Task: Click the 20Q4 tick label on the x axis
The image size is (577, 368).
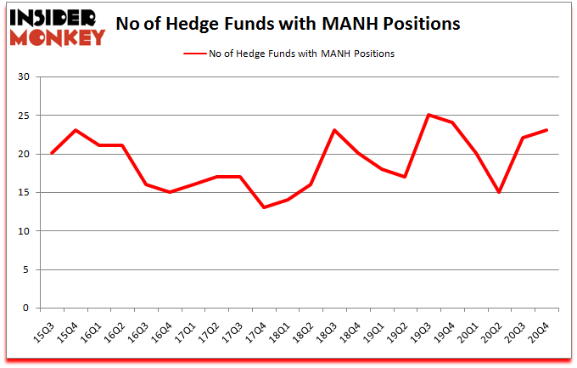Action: click(545, 326)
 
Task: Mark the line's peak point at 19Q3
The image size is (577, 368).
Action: click(430, 115)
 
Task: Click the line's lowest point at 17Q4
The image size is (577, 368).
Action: click(264, 207)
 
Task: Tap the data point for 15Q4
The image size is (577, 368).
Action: click(75, 130)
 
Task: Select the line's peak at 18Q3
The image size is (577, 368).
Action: click(335, 130)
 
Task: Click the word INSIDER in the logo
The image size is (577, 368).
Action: click(57, 17)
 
